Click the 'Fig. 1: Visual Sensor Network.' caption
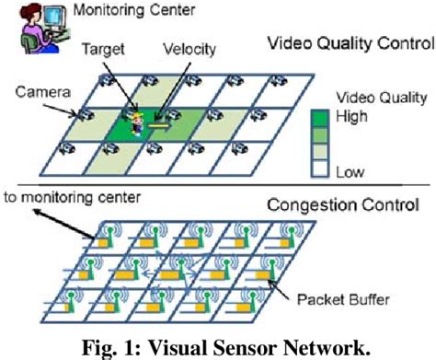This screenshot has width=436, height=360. (x=217, y=348)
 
